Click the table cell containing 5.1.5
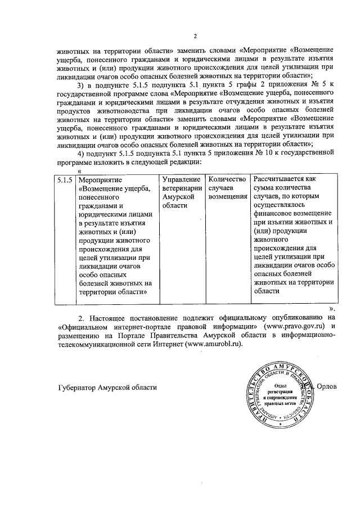pyautogui.click(x=64, y=179)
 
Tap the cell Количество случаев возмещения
pyautogui.click(x=227, y=188)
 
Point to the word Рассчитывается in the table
pyautogui.click(x=281, y=178)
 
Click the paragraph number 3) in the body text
pyautogui.click(x=81, y=84)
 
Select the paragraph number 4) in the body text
pyautogui.click(x=81, y=152)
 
